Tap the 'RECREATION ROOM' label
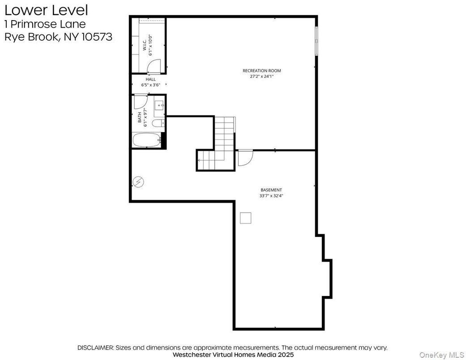click(x=261, y=71)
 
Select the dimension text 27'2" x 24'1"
click(x=261, y=77)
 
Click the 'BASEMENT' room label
click(x=271, y=190)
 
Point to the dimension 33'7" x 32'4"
click(x=271, y=196)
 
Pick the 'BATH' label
click(x=140, y=117)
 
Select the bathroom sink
click(x=159, y=106)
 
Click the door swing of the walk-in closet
click(x=154, y=67)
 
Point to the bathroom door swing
click(x=139, y=101)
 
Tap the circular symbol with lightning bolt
click(x=139, y=182)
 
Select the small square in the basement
click(x=245, y=218)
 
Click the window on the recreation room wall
click(x=316, y=40)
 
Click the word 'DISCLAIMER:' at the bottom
click(x=96, y=347)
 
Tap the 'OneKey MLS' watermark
click(x=441, y=354)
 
